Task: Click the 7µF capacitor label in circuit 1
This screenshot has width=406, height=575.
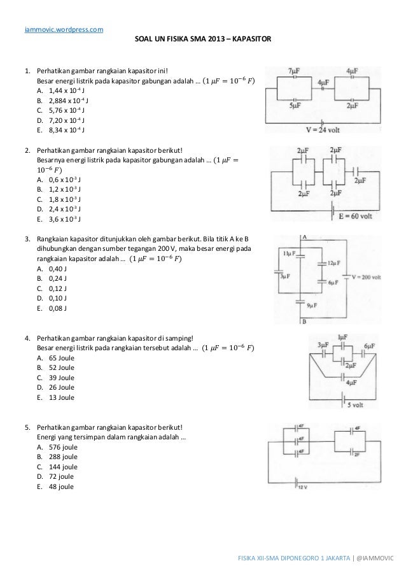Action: click(295, 70)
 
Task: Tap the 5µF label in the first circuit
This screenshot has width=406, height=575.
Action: click(294, 106)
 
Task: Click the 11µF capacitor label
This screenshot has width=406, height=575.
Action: click(290, 254)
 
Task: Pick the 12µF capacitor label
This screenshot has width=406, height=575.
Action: click(337, 263)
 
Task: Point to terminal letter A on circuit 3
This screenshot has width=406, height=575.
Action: click(304, 236)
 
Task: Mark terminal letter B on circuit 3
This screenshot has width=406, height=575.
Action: click(304, 322)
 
